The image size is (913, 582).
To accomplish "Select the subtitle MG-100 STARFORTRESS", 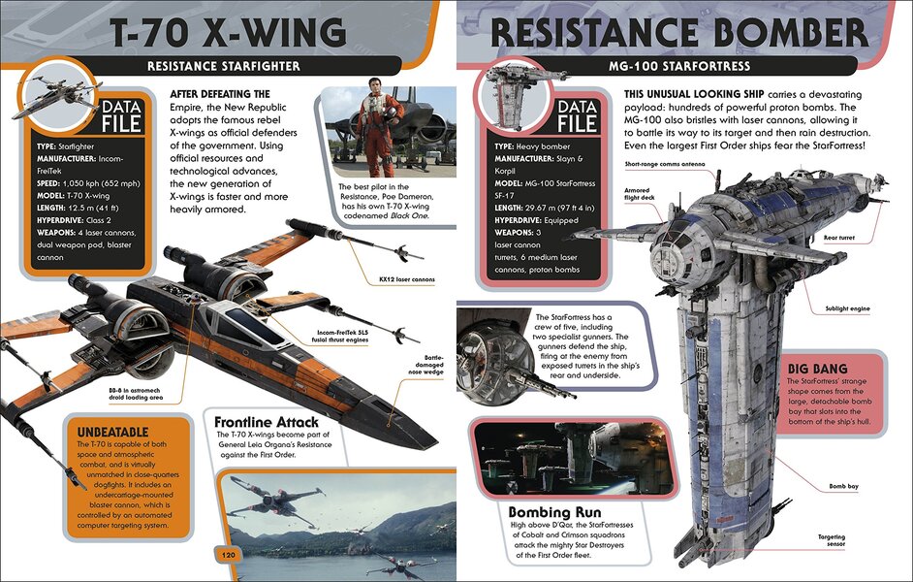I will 678,66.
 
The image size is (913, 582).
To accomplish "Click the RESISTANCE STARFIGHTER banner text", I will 224,66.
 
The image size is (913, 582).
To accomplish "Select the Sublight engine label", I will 849,308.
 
